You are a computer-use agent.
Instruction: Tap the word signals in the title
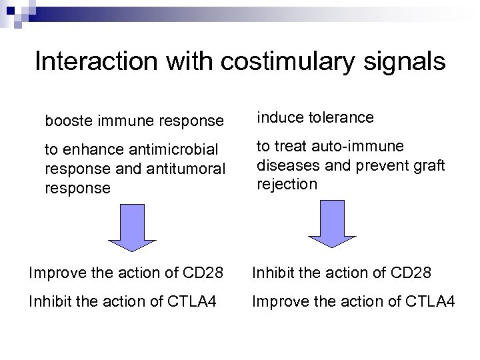click(x=403, y=61)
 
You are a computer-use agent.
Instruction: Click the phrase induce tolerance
click(x=315, y=118)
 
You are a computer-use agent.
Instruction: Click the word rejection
click(x=287, y=184)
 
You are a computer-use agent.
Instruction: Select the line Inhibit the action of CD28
click(x=341, y=273)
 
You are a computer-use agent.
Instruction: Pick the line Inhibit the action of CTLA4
click(x=123, y=302)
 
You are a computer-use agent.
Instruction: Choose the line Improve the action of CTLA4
click(x=353, y=302)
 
